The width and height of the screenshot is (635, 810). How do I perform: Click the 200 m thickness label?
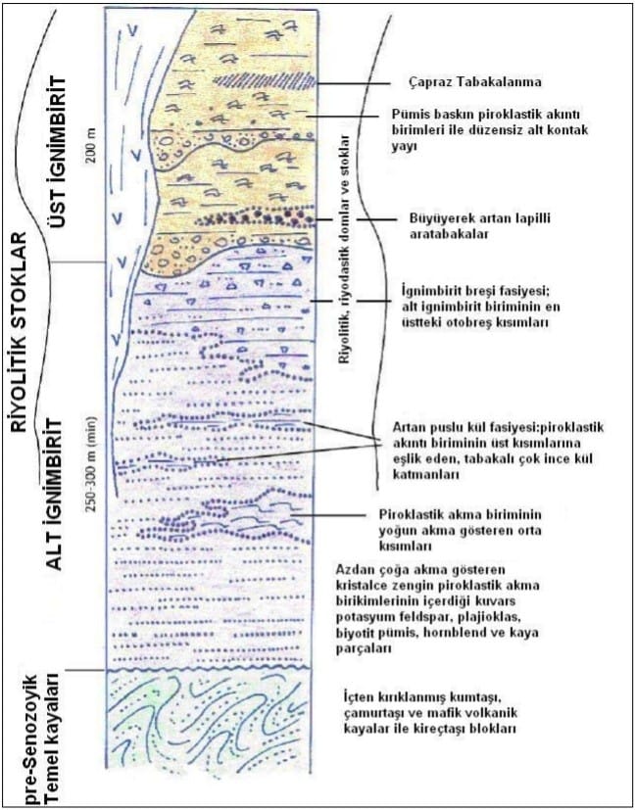coord(92,149)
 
